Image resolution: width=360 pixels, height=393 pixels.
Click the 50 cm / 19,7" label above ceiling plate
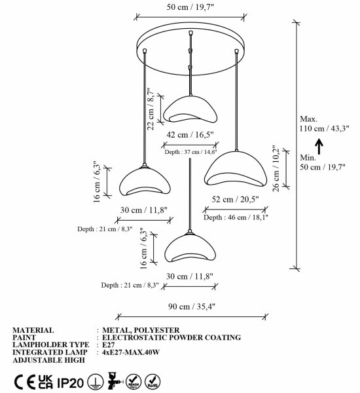(x=190, y=7)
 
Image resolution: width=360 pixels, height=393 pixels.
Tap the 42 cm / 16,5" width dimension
(x=190, y=134)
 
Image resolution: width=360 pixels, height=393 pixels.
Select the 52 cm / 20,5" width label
(x=235, y=199)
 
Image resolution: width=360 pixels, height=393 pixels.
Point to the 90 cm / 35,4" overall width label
(x=192, y=307)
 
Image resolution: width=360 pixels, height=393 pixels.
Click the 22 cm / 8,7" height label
(x=151, y=109)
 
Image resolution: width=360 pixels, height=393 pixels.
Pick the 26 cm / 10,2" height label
(x=276, y=168)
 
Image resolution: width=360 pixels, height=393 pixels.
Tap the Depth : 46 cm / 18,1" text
(x=236, y=217)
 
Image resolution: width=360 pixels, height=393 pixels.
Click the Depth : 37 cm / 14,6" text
(x=190, y=152)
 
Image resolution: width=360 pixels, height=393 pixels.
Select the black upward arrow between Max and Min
(x=319, y=146)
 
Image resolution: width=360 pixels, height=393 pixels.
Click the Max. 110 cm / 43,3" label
(x=324, y=124)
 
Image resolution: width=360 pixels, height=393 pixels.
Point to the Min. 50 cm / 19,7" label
(x=323, y=162)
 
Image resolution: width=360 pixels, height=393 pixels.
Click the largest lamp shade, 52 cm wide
(x=236, y=169)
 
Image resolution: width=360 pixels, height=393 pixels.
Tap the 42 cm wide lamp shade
(x=190, y=109)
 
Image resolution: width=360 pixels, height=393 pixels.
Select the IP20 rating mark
(x=70, y=383)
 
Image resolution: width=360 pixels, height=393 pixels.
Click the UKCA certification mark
(x=46, y=382)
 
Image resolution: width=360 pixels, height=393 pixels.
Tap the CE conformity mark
(x=25, y=383)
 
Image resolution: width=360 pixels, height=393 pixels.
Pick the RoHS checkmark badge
(x=153, y=381)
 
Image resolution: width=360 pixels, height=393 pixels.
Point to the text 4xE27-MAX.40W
(x=131, y=352)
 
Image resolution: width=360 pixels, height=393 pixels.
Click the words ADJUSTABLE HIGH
(x=49, y=360)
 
